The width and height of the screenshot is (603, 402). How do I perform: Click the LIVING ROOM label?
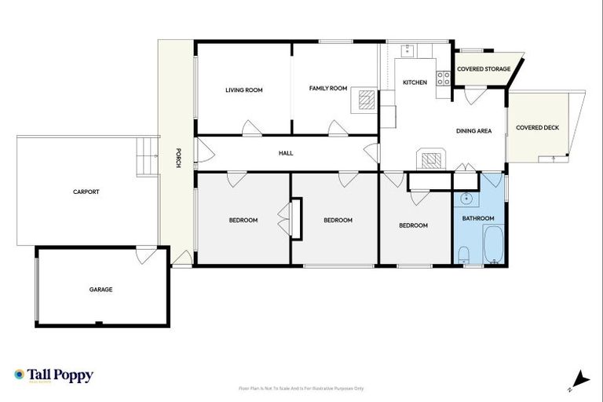coord(243,90)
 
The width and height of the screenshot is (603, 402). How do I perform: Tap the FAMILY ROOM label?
coord(327,89)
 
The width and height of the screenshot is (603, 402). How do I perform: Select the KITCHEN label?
coord(415,82)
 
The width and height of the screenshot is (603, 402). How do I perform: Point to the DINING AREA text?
coord(473,131)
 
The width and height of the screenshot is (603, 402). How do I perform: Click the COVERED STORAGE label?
coord(484,69)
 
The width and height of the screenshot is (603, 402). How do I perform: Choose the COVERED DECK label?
coord(537,127)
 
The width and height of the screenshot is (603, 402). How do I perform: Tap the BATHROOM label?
coord(477,218)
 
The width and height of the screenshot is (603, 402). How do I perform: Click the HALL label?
coord(286,153)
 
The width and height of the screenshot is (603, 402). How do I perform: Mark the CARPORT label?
coord(86,192)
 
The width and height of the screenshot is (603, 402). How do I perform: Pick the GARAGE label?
coord(100,290)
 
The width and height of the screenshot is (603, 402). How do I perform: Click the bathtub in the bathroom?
coord(494,245)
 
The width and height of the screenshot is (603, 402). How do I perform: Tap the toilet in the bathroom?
coord(464,254)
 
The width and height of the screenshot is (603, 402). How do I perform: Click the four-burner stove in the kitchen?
coord(444,78)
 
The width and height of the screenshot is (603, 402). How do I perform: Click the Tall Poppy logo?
coord(53,375)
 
